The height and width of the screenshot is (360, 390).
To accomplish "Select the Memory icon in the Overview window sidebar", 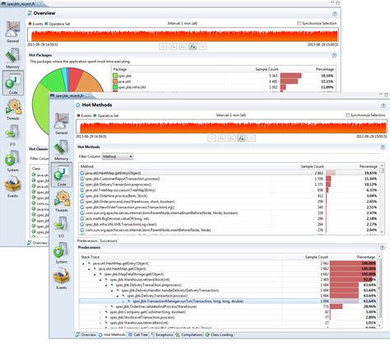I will [x=13, y=58].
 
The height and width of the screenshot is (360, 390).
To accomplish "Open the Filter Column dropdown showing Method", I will [x=118, y=156].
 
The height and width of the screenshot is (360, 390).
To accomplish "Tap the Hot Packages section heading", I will [x=41, y=54].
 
